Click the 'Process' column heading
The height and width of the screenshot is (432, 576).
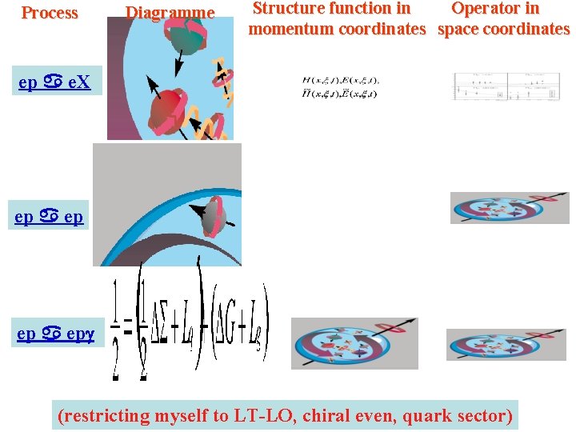(x=50, y=13)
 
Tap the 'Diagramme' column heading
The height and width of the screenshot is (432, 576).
(x=170, y=13)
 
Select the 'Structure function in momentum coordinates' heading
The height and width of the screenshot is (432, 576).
(x=336, y=19)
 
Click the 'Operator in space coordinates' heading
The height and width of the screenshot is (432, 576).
(x=504, y=19)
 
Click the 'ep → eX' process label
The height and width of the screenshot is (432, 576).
(x=55, y=82)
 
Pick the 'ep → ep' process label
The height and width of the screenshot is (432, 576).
(x=50, y=217)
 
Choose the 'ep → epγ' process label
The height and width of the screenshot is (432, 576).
(x=56, y=334)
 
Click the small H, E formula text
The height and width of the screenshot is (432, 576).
(x=341, y=86)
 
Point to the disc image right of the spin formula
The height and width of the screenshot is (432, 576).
(x=354, y=343)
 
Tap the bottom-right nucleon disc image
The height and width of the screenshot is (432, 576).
(x=506, y=344)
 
